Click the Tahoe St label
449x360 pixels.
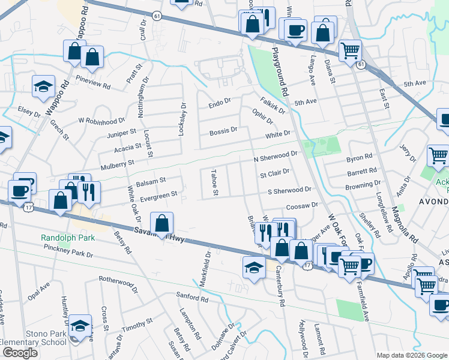click(x=214, y=182)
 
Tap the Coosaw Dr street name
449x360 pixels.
click(x=302, y=206)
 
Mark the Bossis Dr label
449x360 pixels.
click(x=223, y=131)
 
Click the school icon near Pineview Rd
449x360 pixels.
click(x=44, y=87)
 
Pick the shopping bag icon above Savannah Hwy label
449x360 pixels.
click(x=162, y=224)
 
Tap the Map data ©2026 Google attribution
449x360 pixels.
click(x=412, y=355)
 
